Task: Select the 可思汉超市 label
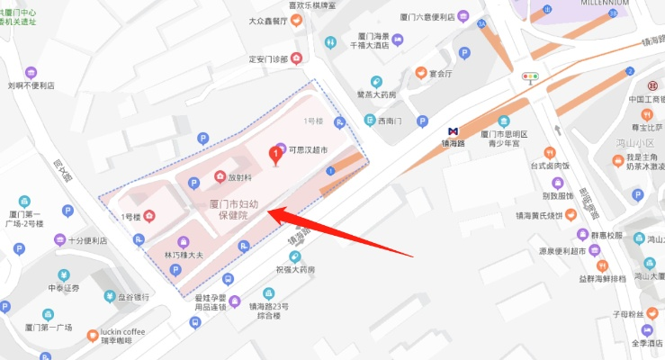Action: click(x=307, y=149)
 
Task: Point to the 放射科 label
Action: click(x=238, y=177)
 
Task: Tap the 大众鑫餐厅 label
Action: click(x=268, y=20)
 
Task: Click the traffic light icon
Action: click(x=530, y=76)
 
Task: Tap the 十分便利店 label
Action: click(x=87, y=240)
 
